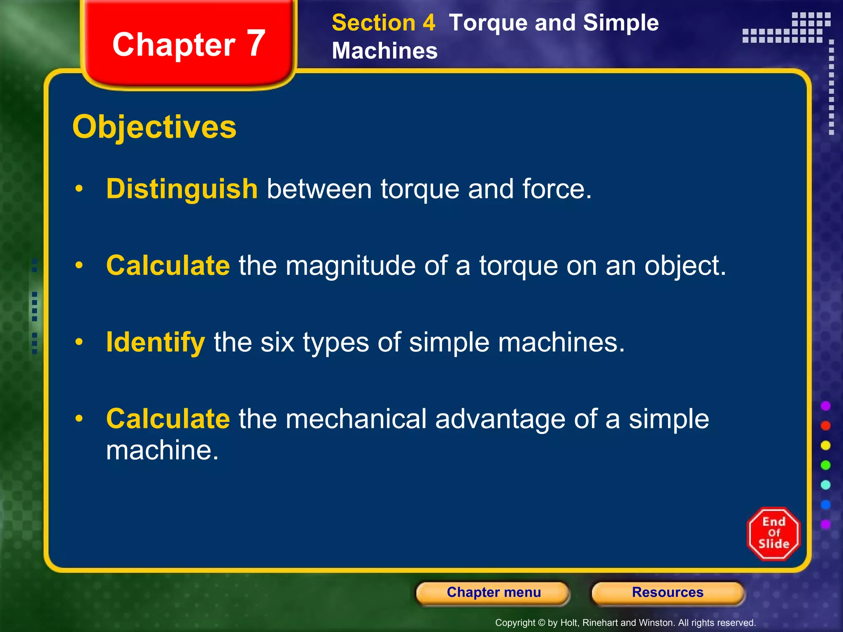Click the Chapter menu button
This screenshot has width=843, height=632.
493,592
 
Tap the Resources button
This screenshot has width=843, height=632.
668,592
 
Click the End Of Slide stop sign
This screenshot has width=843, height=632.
773,534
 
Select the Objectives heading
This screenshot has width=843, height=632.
154,127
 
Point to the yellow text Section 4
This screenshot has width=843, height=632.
383,23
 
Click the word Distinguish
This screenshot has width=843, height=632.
182,189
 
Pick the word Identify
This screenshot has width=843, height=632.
155,342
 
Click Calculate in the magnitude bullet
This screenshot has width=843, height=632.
168,265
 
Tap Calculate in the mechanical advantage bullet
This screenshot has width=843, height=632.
168,419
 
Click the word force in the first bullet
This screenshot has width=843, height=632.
557,189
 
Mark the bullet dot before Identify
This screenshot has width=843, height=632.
79,342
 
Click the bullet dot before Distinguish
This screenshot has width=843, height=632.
79,188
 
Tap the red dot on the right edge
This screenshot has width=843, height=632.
826,425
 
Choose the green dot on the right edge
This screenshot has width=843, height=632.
826,465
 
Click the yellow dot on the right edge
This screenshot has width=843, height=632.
826,445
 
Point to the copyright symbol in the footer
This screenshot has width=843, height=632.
542,623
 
